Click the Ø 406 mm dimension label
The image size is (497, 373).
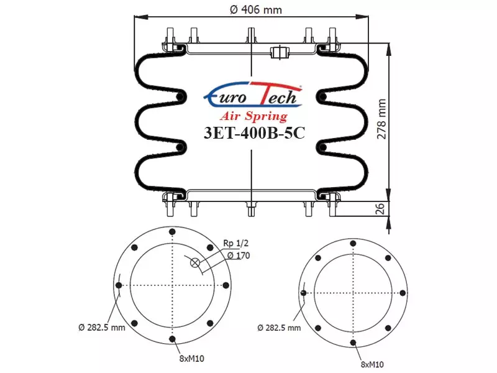pyautogui.click(x=255, y=9)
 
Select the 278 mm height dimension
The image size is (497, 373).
pyautogui.click(x=382, y=119)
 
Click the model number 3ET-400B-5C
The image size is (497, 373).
pyautogui.click(x=254, y=133)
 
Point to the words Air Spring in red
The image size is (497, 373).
pyautogui.click(x=253, y=116)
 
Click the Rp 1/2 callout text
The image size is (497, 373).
pyautogui.click(x=236, y=243)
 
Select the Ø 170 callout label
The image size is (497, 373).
pyautogui.click(x=239, y=256)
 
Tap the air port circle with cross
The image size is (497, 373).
pyautogui.click(x=195, y=262)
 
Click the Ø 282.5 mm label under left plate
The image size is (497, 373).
pyautogui.click(x=102, y=328)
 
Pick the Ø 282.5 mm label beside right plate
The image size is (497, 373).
pyautogui.click(x=279, y=328)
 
